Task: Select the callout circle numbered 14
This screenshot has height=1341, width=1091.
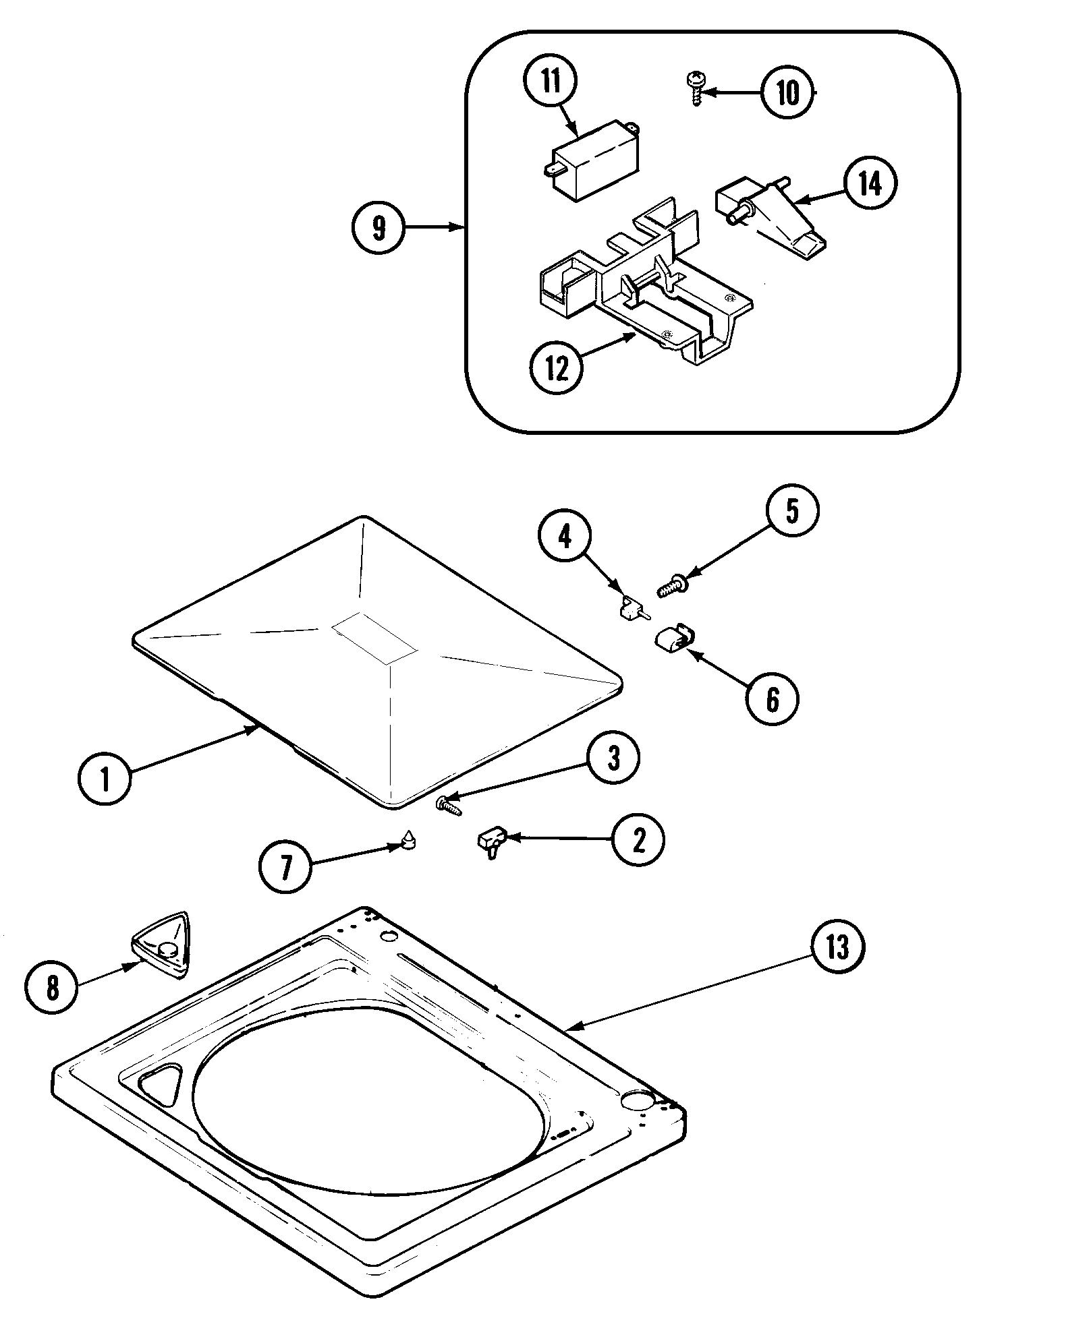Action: (870, 183)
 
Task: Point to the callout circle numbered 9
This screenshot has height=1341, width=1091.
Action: (379, 228)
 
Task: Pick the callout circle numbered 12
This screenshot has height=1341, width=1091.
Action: (557, 367)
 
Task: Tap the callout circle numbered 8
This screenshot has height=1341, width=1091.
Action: (53, 988)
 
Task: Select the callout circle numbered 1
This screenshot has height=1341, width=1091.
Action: (105, 778)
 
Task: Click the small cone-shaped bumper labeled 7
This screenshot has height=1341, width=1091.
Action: (408, 840)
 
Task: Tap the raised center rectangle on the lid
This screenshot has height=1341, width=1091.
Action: (374, 636)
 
